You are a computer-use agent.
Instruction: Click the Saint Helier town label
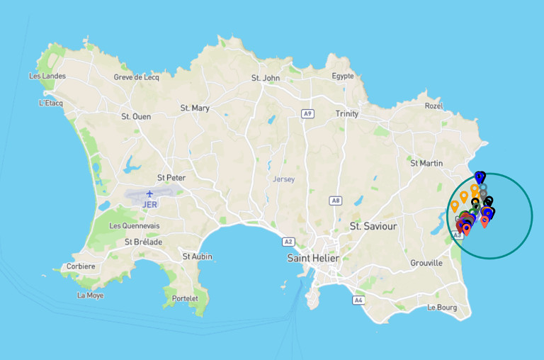coord(313,258)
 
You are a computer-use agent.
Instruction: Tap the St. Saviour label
coord(373,226)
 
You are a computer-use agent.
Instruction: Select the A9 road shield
coord(307,113)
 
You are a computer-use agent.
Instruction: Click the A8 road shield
coord(336,201)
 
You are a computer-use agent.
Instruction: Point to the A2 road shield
coord(288,241)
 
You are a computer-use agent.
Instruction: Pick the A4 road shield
coord(358,300)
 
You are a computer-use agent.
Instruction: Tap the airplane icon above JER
coord(149,193)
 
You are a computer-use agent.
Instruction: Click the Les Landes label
coord(47,76)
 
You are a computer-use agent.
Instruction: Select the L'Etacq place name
coord(51,103)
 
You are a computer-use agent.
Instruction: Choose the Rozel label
coord(433,106)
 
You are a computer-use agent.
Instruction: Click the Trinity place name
coord(347,113)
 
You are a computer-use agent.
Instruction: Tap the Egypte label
coord(343,76)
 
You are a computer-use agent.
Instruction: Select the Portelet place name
coord(185,298)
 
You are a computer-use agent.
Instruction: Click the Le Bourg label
coord(442,308)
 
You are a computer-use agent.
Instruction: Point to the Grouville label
coord(426,263)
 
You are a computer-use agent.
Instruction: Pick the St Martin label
coord(426,163)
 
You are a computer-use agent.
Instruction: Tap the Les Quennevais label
coord(135,226)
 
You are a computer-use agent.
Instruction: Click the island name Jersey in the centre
coord(283,179)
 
